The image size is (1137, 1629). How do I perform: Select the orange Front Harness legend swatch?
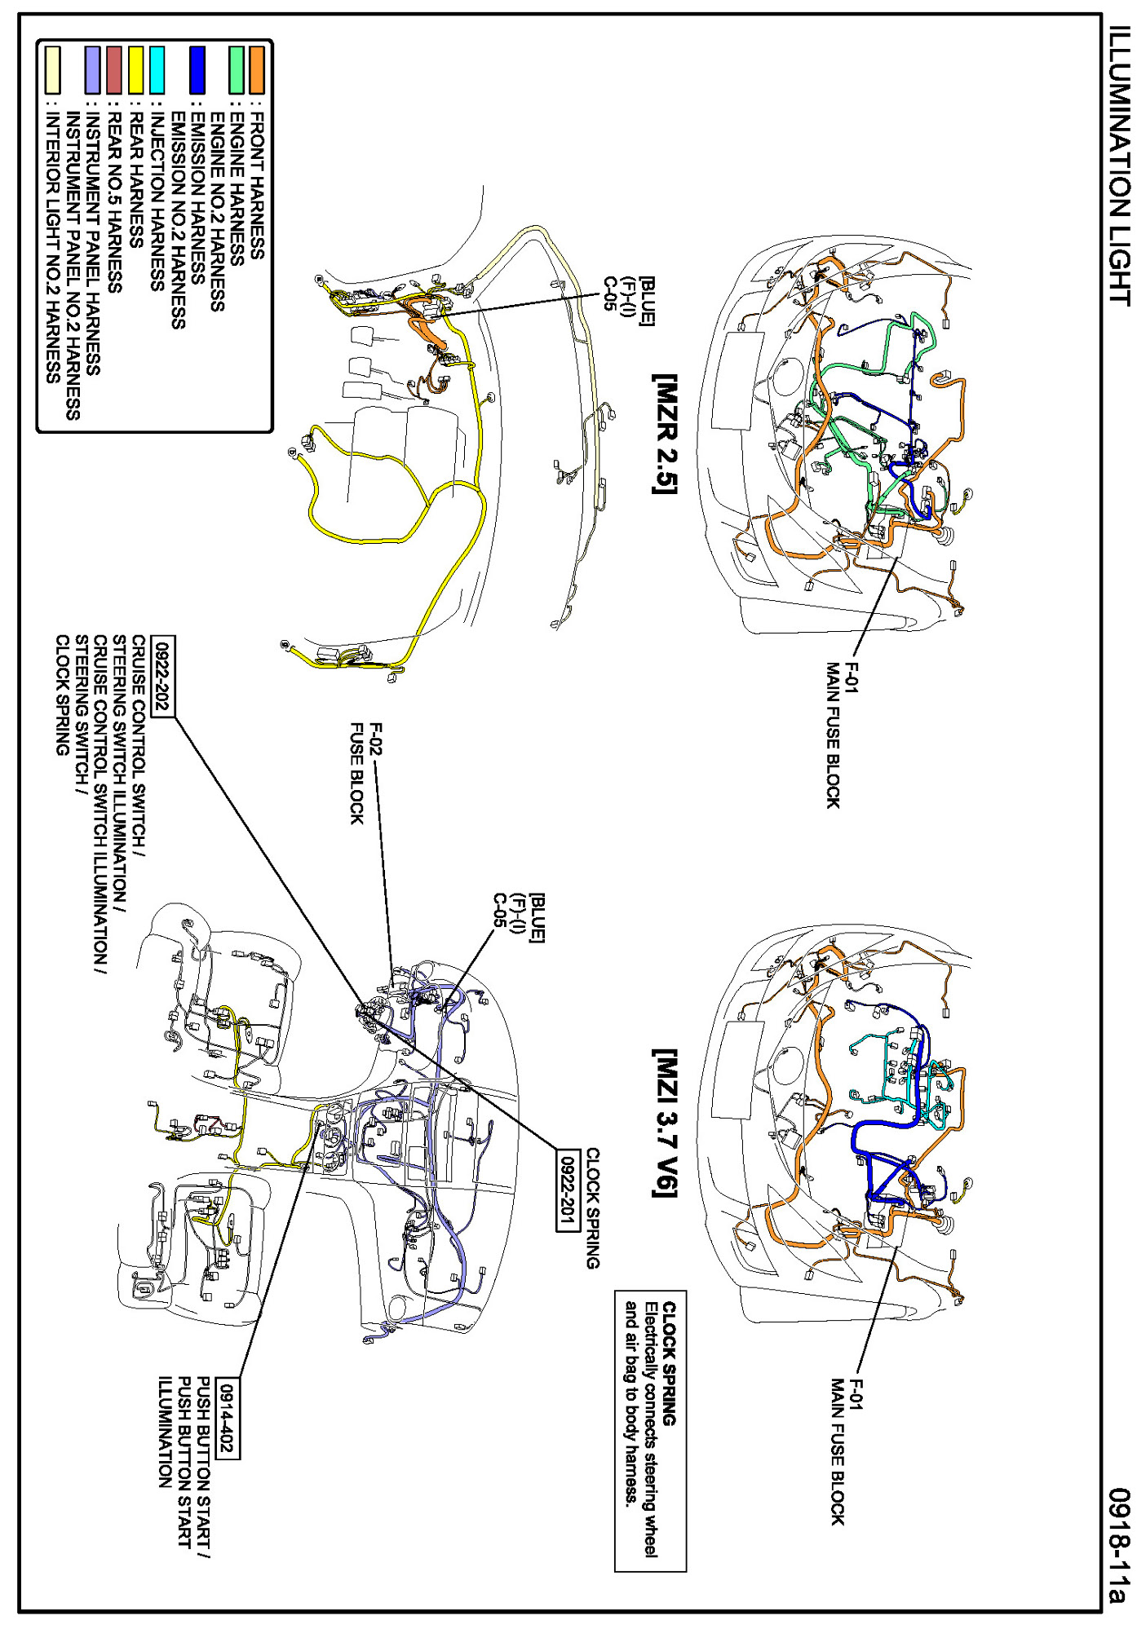(x=256, y=70)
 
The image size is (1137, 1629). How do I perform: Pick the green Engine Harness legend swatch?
(x=237, y=70)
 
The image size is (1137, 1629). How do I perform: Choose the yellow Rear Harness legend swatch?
(x=135, y=70)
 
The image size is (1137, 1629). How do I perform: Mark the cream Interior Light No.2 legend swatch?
(x=53, y=70)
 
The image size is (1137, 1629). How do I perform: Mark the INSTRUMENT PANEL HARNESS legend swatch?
(x=93, y=70)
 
